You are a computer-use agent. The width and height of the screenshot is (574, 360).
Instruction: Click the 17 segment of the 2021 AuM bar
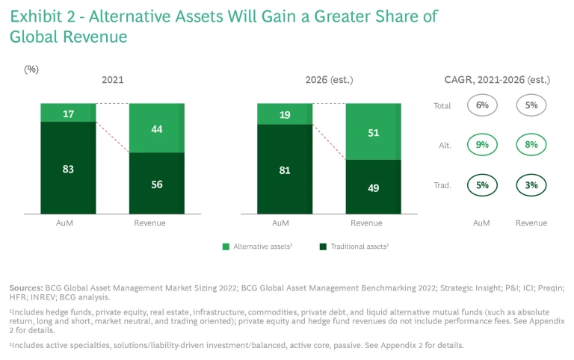coord(68,113)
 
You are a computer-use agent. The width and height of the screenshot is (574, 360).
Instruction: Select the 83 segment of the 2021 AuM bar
coord(68,169)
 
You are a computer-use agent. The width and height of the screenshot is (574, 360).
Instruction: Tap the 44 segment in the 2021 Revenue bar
coord(157,128)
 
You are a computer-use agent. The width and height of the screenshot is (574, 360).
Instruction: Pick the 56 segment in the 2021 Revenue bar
coord(157,184)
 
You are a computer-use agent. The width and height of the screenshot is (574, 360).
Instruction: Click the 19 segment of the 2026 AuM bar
coord(284,114)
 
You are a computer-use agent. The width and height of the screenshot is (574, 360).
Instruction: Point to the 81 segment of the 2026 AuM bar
coord(284,170)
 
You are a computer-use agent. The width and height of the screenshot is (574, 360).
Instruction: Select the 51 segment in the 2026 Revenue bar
coord(373,132)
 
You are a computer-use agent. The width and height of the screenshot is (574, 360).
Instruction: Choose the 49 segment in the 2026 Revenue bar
coord(373,188)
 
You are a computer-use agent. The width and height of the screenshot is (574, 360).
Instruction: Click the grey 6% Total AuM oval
coord(482,105)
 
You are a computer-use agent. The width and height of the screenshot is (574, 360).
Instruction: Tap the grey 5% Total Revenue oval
coord(531,105)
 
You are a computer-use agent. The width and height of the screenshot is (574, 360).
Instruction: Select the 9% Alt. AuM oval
coord(482,145)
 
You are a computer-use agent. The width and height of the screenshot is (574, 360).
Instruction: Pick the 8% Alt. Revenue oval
coord(531,145)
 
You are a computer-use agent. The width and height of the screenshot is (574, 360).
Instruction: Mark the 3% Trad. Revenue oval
coord(531,184)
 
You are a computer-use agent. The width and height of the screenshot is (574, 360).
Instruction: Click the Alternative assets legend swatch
coord(226,246)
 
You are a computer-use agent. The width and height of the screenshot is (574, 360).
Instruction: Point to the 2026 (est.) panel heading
coord(329,80)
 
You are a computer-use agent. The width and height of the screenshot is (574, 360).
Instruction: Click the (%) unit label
coord(31,69)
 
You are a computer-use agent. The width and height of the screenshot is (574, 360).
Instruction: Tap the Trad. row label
coord(442,185)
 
